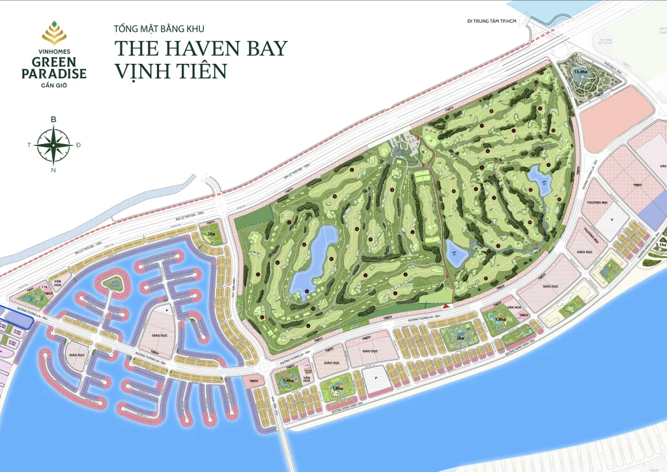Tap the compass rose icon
pyautogui.click(x=54, y=145)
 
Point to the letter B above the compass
pyautogui.click(x=53, y=119)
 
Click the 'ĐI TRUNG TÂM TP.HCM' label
pyautogui.click(x=492, y=22)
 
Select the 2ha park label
pyautogui.click(x=460, y=338)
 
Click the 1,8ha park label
pyautogui.click(x=337, y=389)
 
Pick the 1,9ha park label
pyautogui.click(x=500, y=319)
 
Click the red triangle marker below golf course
pyautogui.click(x=446, y=305)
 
